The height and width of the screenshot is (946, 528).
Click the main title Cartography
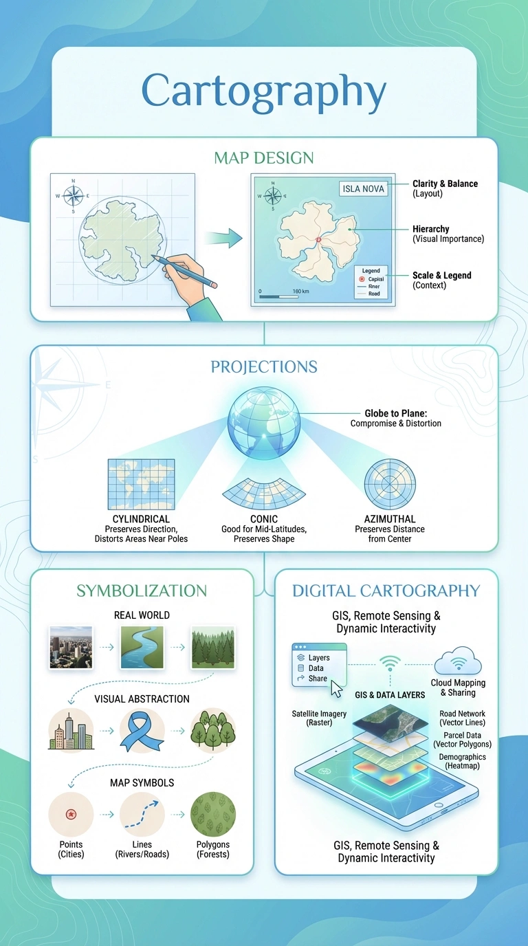pyautogui.click(x=264, y=91)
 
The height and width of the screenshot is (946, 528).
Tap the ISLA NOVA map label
pyautogui.click(x=364, y=189)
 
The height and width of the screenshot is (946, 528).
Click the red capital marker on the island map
pyautogui.click(x=318, y=239)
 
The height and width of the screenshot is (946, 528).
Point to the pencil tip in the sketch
pyautogui.click(x=153, y=259)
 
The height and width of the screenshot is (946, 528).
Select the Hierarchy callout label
pyautogui.click(x=430, y=229)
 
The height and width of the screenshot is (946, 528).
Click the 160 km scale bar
pyautogui.click(x=278, y=297)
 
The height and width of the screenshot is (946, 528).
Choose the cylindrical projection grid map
pyautogui.click(x=141, y=484)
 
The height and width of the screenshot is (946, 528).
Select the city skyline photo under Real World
pyautogui.click(x=71, y=648)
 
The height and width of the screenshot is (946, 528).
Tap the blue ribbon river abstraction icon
pyautogui.click(x=142, y=730)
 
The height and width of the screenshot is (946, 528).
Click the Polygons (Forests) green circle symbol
pyautogui.click(x=213, y=814)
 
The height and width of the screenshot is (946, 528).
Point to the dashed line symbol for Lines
pyautogui.click(x=142, y=814)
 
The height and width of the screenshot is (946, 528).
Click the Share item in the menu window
pyautogui.click(x=318, y=678)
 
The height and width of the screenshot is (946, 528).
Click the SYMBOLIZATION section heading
pyautogui.click(x=142, y=591)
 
